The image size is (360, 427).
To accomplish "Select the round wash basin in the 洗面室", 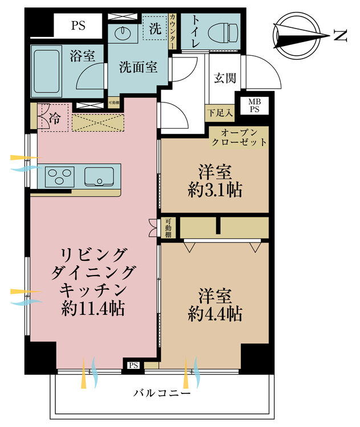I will click(122, 33).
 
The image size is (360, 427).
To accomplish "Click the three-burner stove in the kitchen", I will click(58, 175).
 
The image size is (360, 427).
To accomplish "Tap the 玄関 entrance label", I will click(225, 78).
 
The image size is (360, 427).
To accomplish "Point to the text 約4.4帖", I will click(215, 313).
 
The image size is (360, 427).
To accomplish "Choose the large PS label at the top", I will click(78, 25).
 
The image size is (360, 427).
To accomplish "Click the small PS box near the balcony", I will click(133, 366).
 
